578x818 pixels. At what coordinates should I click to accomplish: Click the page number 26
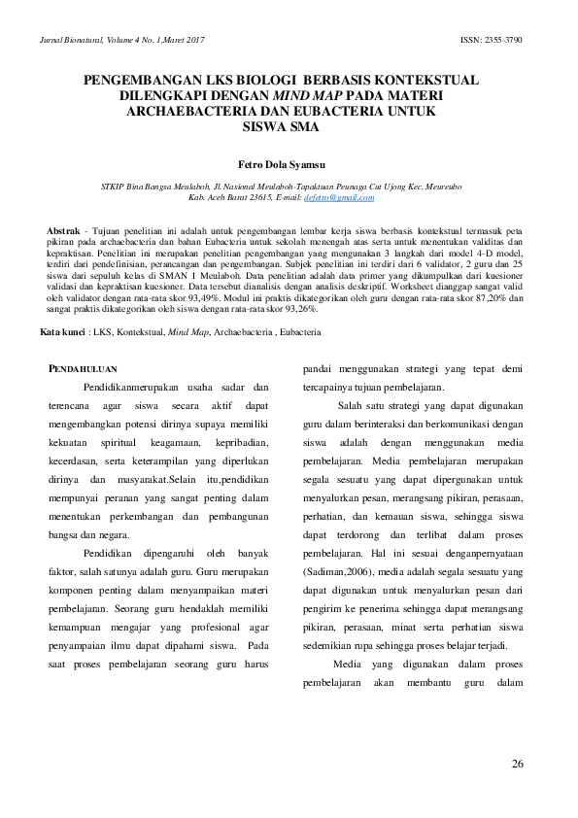(517, 765)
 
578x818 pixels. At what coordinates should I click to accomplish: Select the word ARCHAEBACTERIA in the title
(192, 112)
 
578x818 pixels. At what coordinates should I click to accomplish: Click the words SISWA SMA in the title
(288, 126)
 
